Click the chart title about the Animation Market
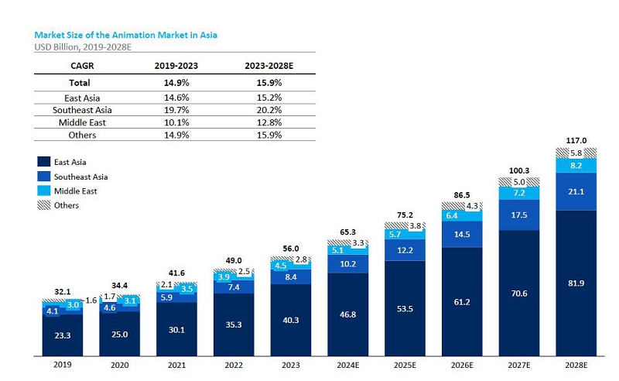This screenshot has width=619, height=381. click(125, 35)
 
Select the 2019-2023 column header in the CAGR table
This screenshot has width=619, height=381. click(176, 66)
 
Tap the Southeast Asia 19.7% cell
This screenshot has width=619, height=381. click(176, 110)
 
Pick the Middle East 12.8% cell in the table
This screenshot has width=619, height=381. click(269, 122)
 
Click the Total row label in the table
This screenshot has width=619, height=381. click(80, 83)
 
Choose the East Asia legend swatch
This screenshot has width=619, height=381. click(44, 162)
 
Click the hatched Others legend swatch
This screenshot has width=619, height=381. click(44, 204)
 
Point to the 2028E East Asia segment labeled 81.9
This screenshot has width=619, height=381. click(576, 283)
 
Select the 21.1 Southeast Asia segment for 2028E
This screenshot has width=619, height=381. click(576, 191)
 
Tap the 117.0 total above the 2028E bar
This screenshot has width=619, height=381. click(576, 140)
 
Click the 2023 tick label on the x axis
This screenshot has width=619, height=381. click(291, 366)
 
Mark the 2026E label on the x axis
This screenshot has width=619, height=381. click(462, 366)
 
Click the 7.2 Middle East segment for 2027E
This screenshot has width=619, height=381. click(519, 193)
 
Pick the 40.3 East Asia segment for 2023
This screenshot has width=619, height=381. click(291, 320)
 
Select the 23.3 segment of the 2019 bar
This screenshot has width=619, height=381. click(63, 335)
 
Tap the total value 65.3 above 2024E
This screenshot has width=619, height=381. click(347, 232)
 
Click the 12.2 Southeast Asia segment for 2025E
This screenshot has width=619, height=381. click(405, 250)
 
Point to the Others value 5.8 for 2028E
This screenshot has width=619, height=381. click(576, 153)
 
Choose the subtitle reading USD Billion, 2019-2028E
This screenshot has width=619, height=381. click(83, 47)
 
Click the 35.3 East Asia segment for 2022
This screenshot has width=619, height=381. click(234, 324)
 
